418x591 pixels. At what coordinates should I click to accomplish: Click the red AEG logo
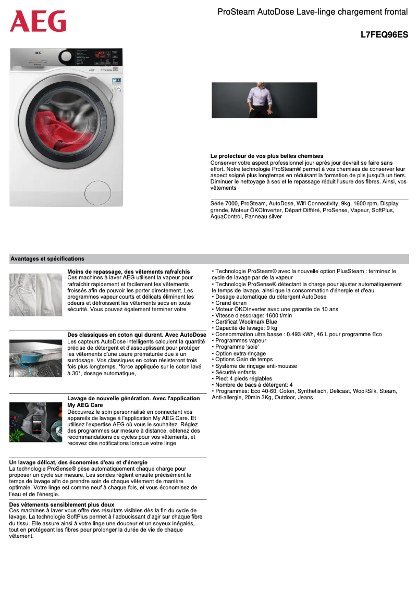(38, 21)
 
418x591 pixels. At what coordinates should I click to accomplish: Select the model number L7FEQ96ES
(384, 35)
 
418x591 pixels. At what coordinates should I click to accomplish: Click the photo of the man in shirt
(264, 100)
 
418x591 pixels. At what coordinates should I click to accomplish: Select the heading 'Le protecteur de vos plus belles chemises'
(267, 156)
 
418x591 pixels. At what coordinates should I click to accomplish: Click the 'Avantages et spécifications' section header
(47, 258)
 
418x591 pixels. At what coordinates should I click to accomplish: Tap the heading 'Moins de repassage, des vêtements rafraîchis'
(129, 272)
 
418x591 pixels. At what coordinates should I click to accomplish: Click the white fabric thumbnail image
(35, 294)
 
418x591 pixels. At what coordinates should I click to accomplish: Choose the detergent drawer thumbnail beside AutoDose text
(35, 358)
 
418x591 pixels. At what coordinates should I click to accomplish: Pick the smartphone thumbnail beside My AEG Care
(35, 422)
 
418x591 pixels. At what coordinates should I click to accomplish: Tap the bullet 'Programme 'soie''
(237, 347)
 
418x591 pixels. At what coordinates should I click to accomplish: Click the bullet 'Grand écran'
(230, 303)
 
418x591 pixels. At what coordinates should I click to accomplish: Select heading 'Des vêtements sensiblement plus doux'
(62, 504)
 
